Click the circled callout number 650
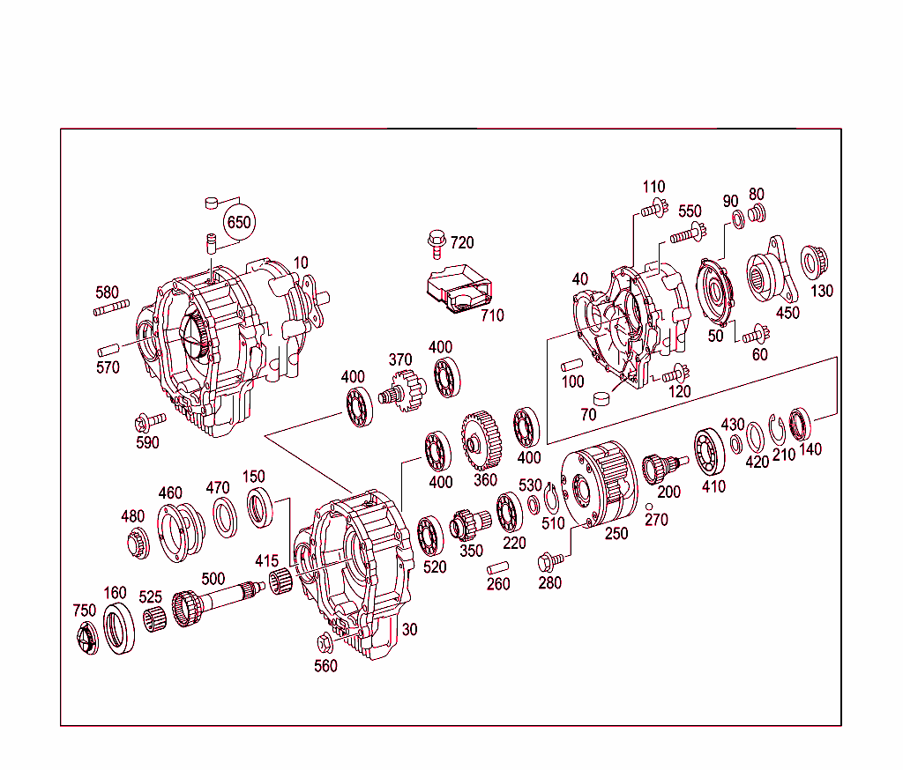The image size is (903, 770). point(238,223)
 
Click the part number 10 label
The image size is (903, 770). point(302,263)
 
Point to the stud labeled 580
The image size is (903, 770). point(111,307)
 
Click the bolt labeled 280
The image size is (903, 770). point(549,560)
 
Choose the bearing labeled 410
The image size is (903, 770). point(708,449)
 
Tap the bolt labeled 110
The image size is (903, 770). point(651,210)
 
